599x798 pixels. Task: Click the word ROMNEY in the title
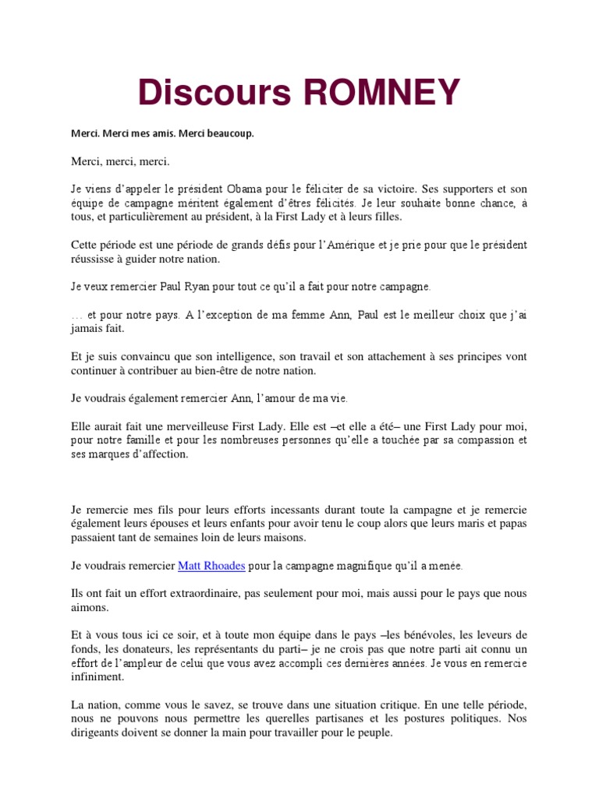click(x=381, y=94)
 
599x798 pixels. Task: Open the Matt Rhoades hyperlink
click(x=211, y=566)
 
